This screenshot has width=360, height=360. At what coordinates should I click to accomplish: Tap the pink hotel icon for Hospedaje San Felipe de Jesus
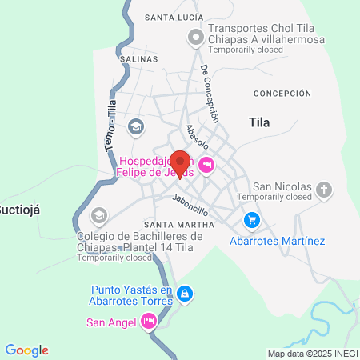point(206,165)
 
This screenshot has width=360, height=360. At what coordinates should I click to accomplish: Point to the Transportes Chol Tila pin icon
point(194,37)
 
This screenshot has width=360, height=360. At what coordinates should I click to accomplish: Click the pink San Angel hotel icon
point(148,322)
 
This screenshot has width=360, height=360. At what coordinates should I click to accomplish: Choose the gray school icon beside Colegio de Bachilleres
point(99,214)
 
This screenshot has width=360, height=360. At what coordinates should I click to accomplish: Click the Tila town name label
point(259,123)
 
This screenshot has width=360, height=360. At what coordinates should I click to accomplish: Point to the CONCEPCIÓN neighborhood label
point(282,94)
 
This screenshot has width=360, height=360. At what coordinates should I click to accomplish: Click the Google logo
point(27,350)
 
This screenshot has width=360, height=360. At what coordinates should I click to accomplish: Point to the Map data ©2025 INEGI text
point(312,354)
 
